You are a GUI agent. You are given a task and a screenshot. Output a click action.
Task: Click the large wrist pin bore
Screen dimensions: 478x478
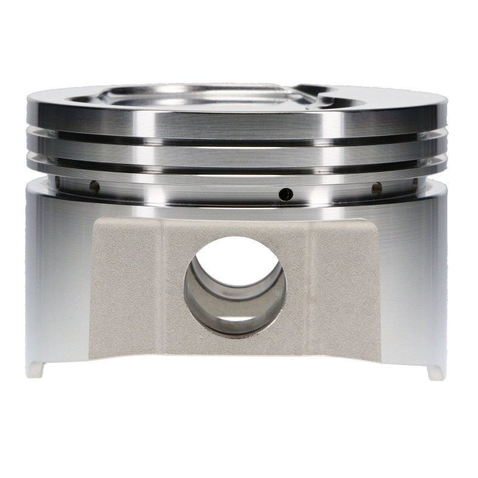[235, 284]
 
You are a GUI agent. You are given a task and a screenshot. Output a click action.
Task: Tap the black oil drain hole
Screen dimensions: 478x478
[287, 194]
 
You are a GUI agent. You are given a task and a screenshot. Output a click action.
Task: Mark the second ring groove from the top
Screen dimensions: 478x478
[239, 169]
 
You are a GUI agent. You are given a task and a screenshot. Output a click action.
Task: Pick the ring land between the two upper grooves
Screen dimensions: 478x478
[239, 156]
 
